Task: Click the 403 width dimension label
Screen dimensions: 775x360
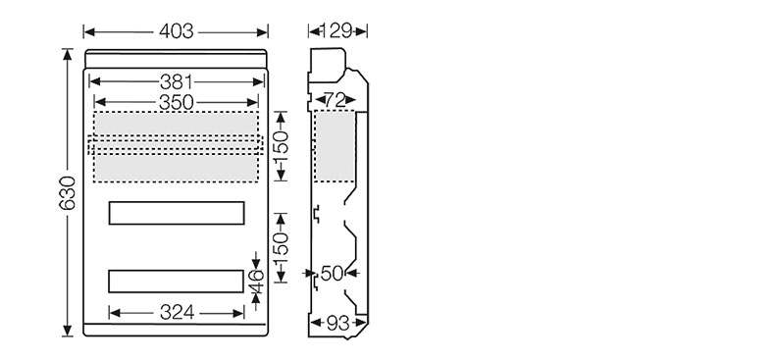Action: [x=176, y=31]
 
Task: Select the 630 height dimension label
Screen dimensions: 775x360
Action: [x=68, y=193]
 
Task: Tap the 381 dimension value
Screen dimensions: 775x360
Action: [x=176, y=82]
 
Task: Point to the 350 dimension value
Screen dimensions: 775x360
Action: [x=176, y=102]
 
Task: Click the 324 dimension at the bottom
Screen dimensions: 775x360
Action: [x=177, y=313]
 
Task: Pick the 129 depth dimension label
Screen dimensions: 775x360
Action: [x=337, y=31]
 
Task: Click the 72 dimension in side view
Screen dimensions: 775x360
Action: [x=336, y=100]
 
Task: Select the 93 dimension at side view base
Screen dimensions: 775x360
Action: [x=338, y=323]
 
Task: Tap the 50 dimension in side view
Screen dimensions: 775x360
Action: [x=332, y=273]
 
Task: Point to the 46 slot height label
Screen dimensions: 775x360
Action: [x=256, y=281]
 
